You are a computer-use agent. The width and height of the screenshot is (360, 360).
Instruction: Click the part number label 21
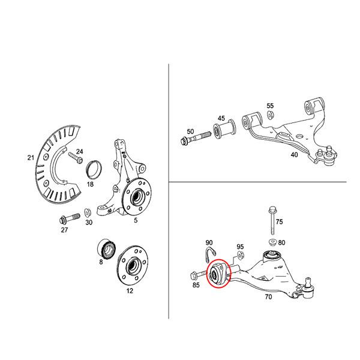31,158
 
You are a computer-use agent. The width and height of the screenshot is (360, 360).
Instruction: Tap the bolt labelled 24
75,158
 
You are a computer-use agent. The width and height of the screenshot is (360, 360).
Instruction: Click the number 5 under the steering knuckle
136,221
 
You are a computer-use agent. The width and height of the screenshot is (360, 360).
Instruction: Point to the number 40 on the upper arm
293,154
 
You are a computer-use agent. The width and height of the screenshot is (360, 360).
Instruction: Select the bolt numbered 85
196,275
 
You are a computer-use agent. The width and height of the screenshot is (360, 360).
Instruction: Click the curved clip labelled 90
209,252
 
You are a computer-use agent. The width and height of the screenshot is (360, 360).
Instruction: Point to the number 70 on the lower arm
268,296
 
